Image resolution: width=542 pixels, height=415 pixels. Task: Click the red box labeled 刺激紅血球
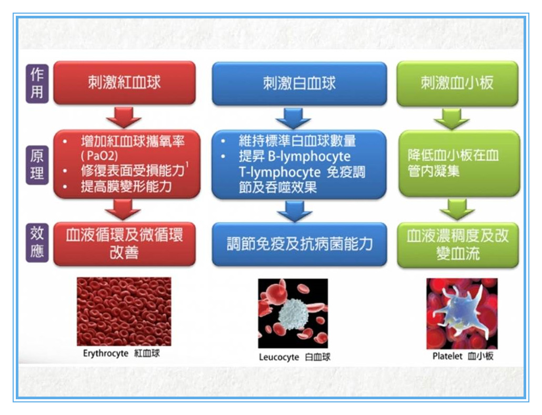tap(124, 83)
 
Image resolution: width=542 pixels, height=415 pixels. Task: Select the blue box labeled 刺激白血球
tap(299, 84)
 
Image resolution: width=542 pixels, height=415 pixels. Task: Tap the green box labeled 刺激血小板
tap(457, 83)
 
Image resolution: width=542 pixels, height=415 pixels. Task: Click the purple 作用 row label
tap(37, 83)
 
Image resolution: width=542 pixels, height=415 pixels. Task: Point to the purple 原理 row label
tap(37, 165)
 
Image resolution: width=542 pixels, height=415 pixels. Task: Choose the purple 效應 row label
tap(37, 243)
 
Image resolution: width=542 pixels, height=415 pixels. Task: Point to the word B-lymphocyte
tap(309, 157)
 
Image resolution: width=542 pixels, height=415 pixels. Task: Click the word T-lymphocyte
tap(279, 172)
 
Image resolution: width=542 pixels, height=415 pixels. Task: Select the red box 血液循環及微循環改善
tap(124, 244)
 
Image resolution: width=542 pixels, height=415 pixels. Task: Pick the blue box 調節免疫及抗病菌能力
tap(299, 244)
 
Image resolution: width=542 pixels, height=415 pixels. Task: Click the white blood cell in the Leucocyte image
tap(293, 314)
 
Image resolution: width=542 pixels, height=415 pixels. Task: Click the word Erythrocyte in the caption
tap(106, 354)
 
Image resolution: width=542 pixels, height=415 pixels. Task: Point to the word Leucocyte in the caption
tap(279, 357)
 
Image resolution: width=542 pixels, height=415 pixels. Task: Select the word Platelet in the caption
tap(447, 356)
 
